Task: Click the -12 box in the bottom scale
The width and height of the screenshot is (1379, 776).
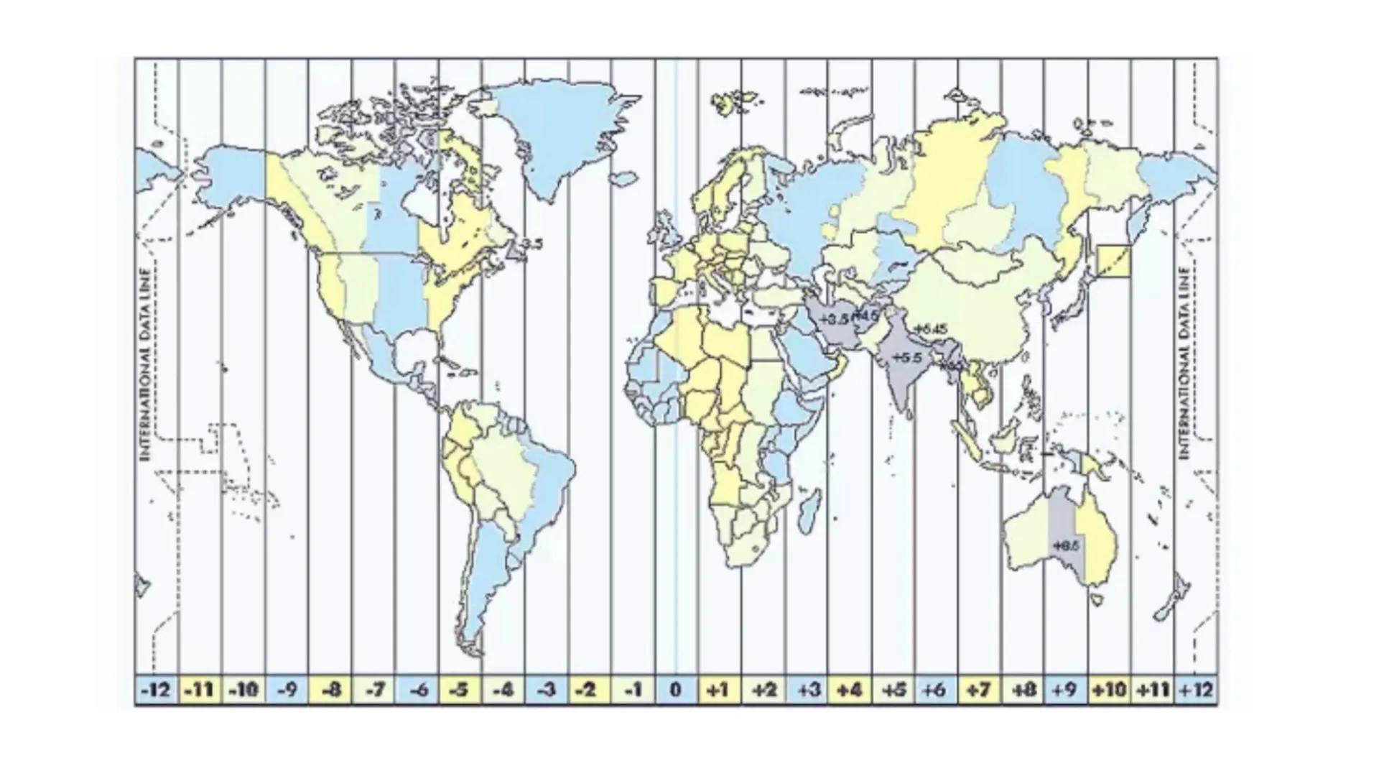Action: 157,690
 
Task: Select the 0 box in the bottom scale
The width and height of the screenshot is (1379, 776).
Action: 676,690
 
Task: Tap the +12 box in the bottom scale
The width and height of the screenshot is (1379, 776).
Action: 1196,690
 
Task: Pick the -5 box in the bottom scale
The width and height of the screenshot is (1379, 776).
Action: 460,690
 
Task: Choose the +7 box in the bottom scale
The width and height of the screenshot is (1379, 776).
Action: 979,690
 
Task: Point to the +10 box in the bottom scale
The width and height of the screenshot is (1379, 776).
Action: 1109,690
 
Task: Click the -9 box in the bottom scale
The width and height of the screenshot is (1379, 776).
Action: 287,690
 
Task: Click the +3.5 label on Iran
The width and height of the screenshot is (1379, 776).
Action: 833,318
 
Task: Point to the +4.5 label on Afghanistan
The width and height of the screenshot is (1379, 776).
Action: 865,315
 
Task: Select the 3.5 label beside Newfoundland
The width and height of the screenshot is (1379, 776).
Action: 531,244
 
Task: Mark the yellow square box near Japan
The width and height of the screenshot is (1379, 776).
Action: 1113,261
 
